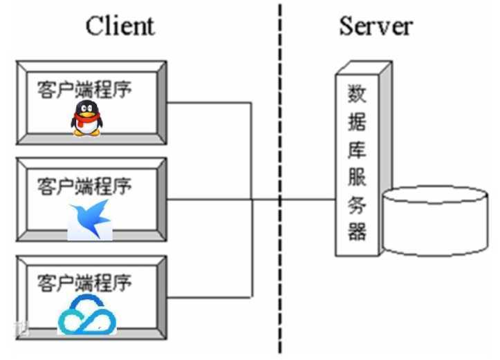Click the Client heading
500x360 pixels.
click(x=120, y=26)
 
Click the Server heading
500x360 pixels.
click(x=376, y=26)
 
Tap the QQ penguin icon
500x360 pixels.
click(x=86, y=118)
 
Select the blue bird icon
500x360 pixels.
click(x=91, y=219)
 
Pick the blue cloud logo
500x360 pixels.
click(x=87, y=315)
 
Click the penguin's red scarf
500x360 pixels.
click(x=86, y=120)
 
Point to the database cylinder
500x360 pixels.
click(x=436, y=221)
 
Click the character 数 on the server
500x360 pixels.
click(x=357, y=93)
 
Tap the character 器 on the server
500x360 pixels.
click(x=357, y=231)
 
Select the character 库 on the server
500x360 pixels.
click(x=357, y=149)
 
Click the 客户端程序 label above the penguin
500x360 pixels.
click(x=84, y=89)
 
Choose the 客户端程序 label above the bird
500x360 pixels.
click(x=84, y=186)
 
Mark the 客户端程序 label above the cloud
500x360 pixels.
click(x=84, y=283)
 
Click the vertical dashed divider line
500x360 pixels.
click(x=280, y=178)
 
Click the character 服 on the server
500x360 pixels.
click(x=357, y=176)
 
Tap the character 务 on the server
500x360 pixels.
click(x=357, y=204)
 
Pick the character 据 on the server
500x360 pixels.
click(x=357, y=121)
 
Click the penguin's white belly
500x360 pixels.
click(x=86, y=128)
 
